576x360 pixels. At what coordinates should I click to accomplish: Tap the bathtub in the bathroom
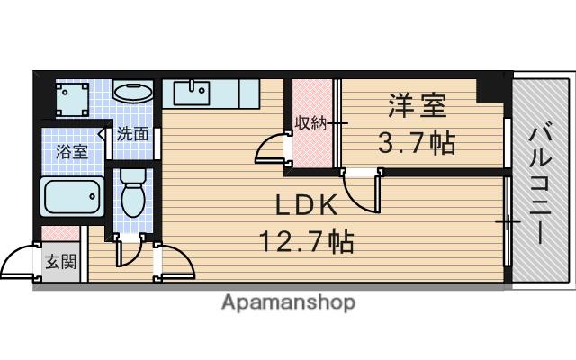(x=73, y=196)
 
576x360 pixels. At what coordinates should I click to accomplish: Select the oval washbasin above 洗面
(x=132, y=92)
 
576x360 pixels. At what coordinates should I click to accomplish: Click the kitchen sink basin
(x=192, y=94)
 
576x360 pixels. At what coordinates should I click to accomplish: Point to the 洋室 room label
(x=418, y=105)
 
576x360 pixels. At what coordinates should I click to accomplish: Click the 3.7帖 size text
(x=417, y=142)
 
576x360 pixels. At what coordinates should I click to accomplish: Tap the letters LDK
(x=306, y=205)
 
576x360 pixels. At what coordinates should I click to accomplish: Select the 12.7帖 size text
(x=307, y=241)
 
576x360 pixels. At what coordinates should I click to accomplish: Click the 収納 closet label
(x=311, y=123)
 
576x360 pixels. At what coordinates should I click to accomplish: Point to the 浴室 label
(x=72, y=152)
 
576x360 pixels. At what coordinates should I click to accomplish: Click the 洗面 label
(x=132, y=134)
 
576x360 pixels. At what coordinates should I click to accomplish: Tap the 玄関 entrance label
(x=61, y=262)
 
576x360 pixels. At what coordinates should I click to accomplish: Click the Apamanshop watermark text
(x=288, y=302)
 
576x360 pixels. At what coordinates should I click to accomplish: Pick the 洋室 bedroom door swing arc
(x=357, y=198)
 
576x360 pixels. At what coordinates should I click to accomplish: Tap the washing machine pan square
(x=72, y=100)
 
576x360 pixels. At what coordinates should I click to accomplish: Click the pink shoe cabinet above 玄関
(x=60, y=234)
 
